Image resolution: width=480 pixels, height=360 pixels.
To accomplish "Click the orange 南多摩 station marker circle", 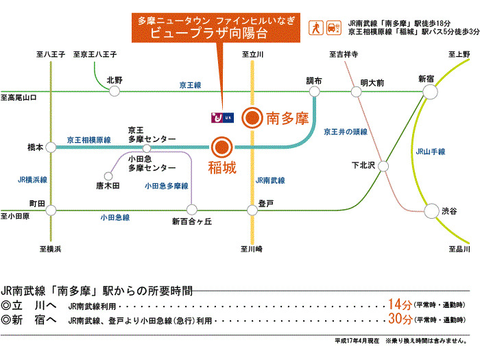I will click(252, 119).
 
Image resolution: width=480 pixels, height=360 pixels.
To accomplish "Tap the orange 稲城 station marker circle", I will click(221, 147).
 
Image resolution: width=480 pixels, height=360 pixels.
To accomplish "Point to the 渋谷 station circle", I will click(431, 211).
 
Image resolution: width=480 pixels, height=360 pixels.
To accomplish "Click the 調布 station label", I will click(314, 81).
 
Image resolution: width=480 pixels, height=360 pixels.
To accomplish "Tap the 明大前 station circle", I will click(357, 91).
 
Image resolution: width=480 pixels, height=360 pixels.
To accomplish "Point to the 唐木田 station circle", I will click(108, 175).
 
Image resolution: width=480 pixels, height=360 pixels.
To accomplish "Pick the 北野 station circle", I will click(115, 91).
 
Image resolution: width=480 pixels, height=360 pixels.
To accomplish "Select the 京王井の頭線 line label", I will click(346, 131).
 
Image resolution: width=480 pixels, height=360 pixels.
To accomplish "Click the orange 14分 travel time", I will click(398, 304).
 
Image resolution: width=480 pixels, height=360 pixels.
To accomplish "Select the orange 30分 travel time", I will click(398, 320).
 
